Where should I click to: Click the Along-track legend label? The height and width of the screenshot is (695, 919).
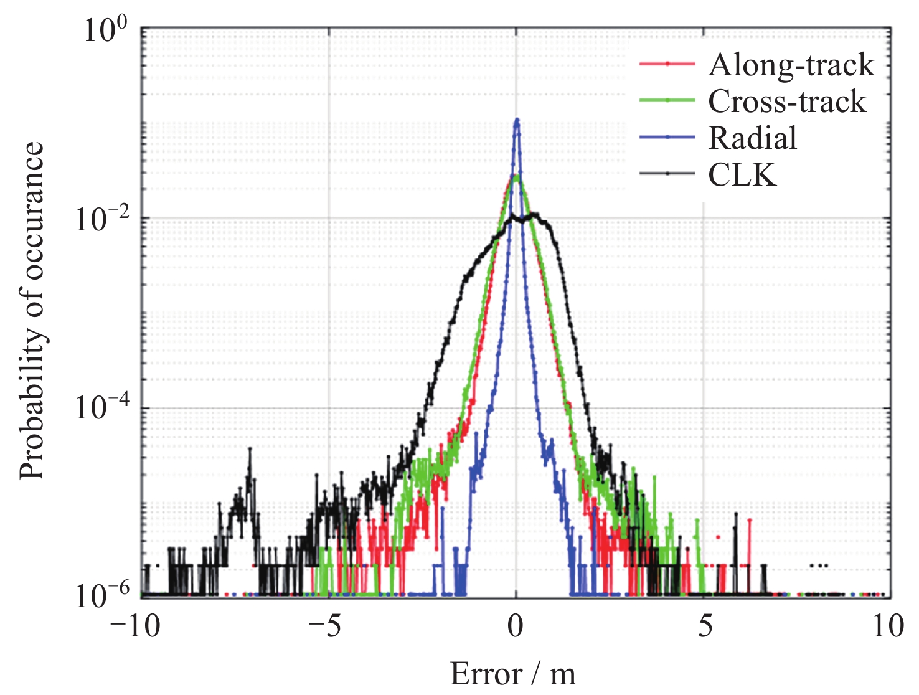click(x=791, y=65)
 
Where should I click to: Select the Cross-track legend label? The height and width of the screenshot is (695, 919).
click(x=787, y=102)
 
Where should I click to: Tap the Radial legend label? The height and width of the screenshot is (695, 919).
click(x=752, y=138)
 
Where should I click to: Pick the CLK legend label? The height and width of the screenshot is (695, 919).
click(x=742, y=175)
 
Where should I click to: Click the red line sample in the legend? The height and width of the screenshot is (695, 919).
click(x=667, y=64)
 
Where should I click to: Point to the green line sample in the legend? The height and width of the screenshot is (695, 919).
click(x=667, y=100)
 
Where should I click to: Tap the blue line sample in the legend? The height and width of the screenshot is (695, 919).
click(x=667, y=137)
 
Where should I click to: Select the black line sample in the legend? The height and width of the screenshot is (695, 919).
click(x=667, y=174)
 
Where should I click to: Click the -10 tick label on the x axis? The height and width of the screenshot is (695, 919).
click(x=135, y=626)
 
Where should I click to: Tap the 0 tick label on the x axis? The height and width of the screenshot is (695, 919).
click(x=516, y=626)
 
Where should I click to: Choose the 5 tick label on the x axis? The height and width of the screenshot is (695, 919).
click(x=704, y=626)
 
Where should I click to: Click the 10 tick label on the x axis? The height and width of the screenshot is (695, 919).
click(x=888, y=626)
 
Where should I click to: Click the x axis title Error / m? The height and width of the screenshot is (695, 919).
click(x=513, y=674)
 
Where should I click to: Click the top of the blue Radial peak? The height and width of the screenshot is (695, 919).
click(x=516, y=120)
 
